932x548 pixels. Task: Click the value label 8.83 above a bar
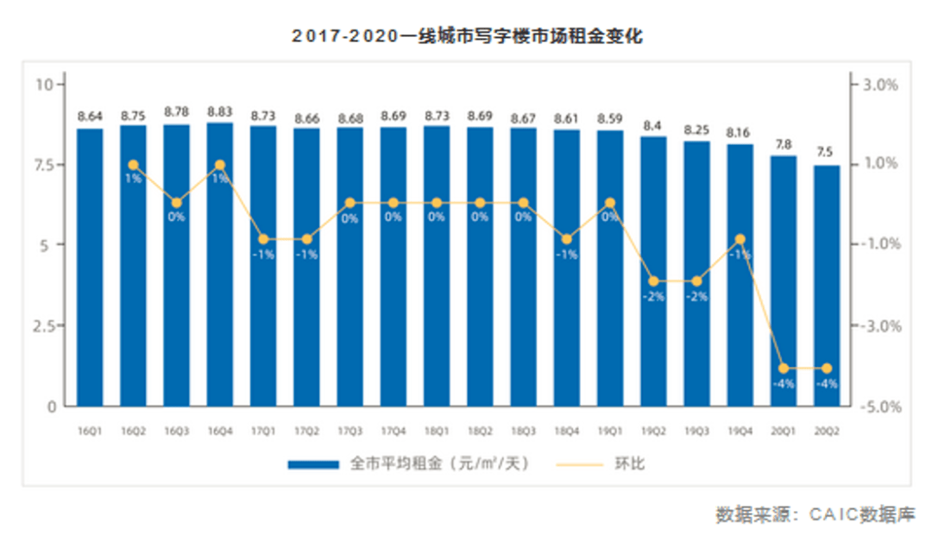click(x=220, y=112)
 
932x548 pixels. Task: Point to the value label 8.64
click(x=90, y=116)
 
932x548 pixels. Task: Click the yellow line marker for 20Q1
click(x=784, y=368)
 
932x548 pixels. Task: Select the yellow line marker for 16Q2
click(x=134, y=164)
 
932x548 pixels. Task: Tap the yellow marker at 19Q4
click(x=740, y=239)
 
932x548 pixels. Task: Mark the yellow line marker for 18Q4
click(x=567, y=239)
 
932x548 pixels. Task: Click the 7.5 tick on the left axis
click(x=44, y=165)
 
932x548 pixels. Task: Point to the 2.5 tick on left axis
click(x=44, y=326)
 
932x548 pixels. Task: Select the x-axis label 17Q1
click(x=263, y=429)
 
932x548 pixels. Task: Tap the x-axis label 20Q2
click(x=827, y=429)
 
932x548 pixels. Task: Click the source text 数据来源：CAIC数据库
click(x=815, y=515)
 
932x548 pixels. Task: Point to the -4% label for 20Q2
click(x=827, y=384)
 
